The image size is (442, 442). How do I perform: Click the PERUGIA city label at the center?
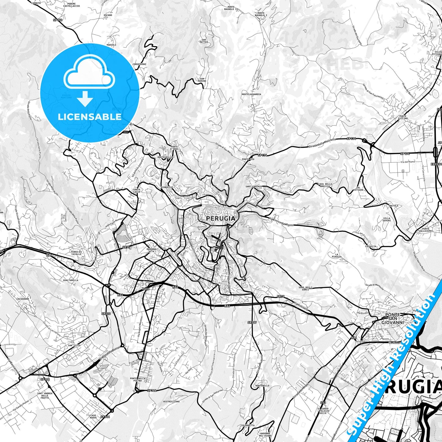point(221,218)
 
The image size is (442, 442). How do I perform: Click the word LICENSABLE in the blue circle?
point(90,117)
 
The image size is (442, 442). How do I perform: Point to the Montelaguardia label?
point(251,94)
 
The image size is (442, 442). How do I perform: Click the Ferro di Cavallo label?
point(76,253)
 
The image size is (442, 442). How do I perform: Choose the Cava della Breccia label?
point(324,185)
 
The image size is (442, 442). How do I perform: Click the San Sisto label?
point(74,345)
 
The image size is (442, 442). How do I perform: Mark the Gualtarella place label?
point(71,280)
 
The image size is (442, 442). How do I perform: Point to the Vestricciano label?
point(171,401)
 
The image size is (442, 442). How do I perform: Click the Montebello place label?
point(262,386)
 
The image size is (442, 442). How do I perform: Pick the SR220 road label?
point(106,314)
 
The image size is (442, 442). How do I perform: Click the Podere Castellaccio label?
point(71,5)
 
